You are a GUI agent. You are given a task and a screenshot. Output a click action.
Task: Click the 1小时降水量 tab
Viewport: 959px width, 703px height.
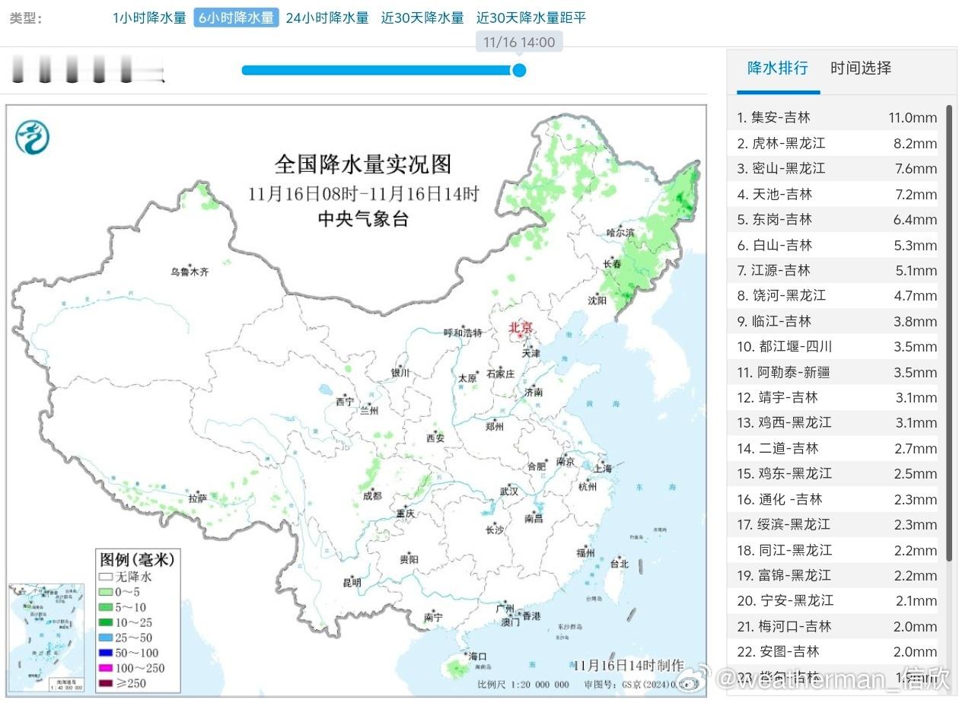149,18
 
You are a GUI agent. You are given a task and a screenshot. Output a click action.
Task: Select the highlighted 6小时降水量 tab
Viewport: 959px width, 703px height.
236,18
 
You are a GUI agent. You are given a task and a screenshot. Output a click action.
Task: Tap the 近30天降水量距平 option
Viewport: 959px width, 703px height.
531,18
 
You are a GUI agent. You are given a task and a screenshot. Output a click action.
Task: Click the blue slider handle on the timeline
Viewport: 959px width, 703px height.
519,70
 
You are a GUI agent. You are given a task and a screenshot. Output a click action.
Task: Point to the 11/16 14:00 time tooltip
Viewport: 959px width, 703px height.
519,42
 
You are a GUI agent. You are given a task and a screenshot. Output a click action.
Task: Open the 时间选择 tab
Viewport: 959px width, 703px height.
861,68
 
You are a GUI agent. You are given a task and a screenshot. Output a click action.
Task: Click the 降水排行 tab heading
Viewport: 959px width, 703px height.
777,68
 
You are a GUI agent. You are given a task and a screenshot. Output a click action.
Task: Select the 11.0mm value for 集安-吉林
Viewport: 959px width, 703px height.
912,117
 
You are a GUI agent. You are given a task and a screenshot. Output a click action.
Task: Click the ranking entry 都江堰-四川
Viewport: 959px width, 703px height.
795,346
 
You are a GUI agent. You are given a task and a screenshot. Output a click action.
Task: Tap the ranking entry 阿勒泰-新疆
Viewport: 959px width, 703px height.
794,372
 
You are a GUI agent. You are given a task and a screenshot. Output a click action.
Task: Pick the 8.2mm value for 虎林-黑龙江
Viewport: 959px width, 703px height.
915,143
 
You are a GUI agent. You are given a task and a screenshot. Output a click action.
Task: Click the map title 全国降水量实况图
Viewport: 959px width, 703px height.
363,164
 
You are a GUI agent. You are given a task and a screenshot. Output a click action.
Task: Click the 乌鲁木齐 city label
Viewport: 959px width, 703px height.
189,272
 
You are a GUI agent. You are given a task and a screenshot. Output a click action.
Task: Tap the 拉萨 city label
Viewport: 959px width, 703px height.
197,498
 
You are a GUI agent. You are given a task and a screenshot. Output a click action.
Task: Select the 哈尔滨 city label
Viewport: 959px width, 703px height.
620,231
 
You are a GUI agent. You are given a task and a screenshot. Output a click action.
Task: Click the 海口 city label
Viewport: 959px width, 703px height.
477,656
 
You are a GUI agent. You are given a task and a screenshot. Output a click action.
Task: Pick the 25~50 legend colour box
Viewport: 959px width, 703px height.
105,638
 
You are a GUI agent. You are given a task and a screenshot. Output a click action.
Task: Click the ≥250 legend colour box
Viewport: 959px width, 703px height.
105,683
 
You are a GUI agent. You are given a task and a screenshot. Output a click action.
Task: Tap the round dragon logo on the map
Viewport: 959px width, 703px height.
32,137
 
